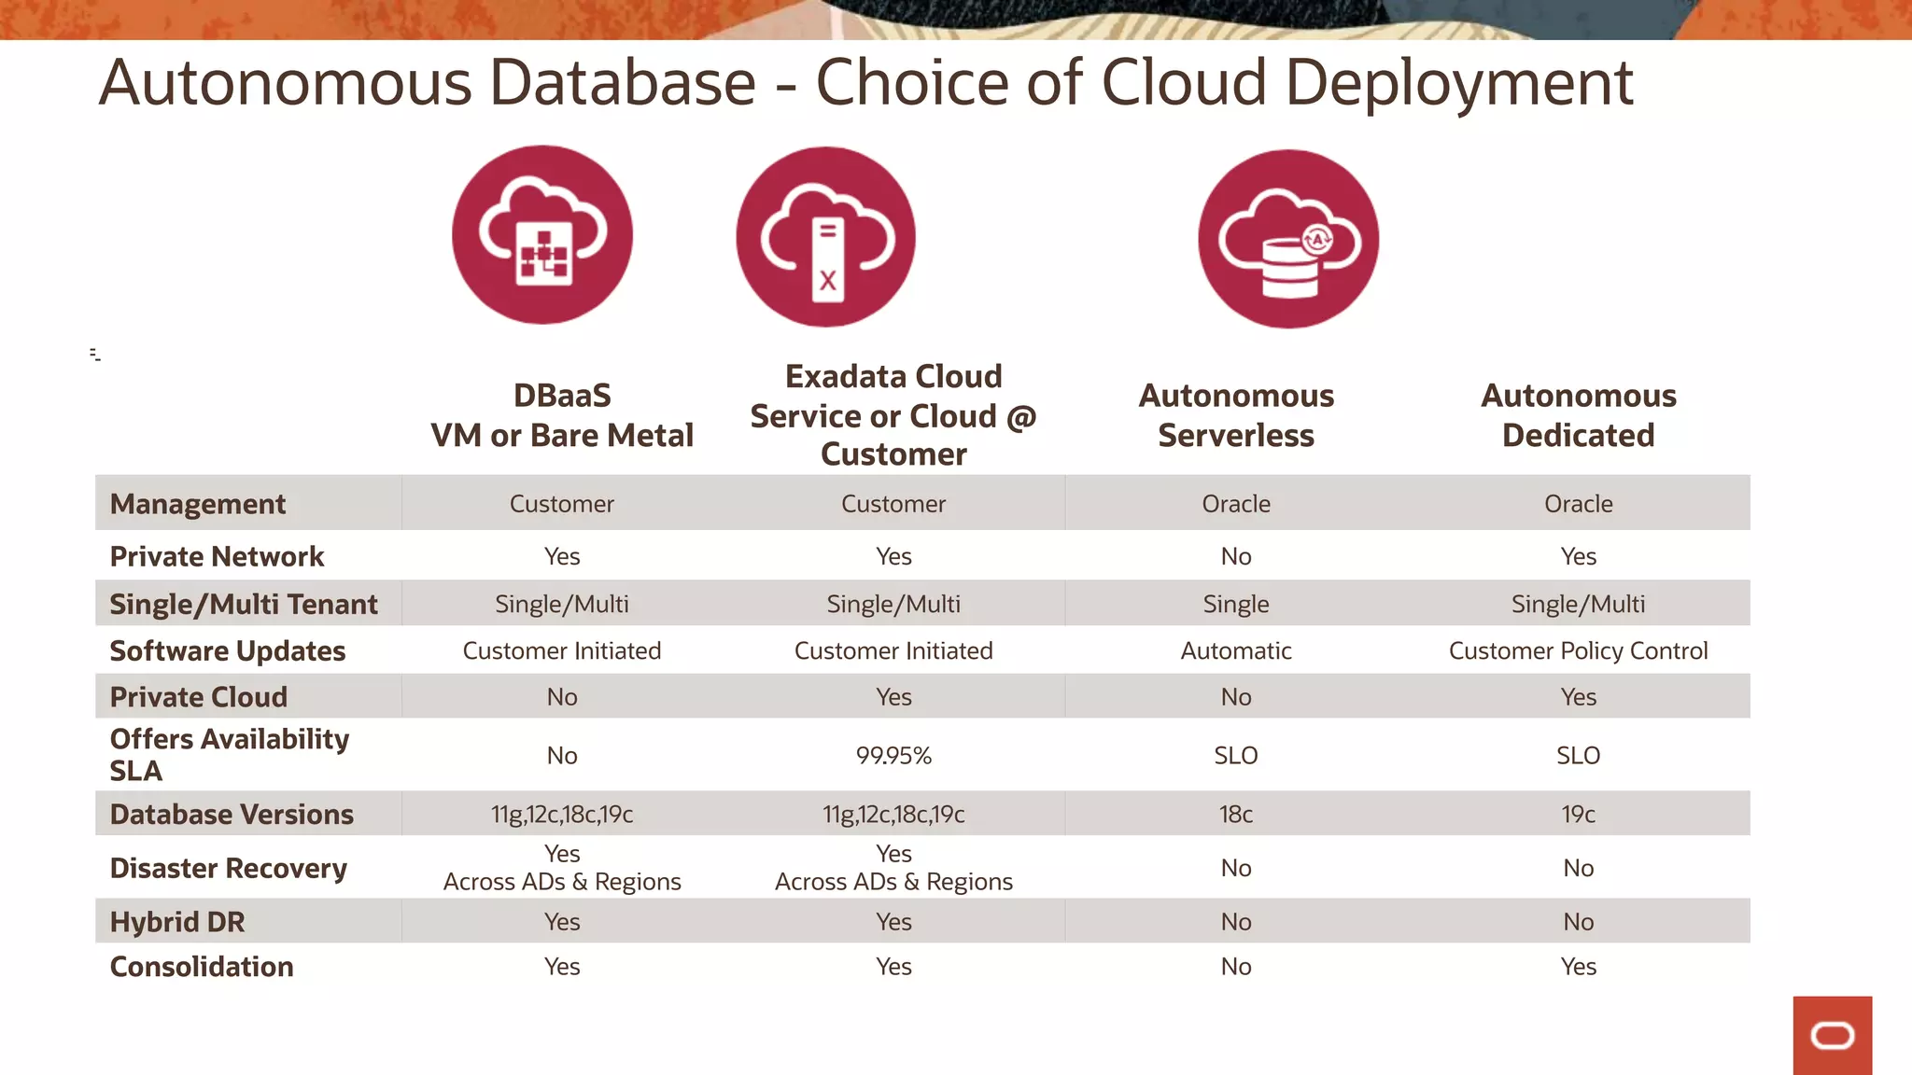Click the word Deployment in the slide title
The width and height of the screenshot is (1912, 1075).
point(1458,84)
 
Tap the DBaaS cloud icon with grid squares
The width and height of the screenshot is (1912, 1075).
point(542,235)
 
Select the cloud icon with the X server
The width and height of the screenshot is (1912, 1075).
point(826,237)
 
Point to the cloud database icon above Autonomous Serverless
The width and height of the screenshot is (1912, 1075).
point(1288,240)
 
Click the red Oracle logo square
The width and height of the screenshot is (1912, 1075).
point(1832,1035)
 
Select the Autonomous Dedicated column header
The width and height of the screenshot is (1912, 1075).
point(1578,415)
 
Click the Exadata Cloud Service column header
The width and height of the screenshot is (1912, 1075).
point(893,415)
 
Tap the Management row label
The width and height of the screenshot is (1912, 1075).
point(198,504)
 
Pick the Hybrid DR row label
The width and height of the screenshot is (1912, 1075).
point(177,922)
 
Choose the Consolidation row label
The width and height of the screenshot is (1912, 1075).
point(202,967)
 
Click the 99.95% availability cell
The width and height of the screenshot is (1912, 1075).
point(893,756)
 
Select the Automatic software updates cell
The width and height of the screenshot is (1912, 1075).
point(1236,651)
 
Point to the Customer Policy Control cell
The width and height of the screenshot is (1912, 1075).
point(1578,651)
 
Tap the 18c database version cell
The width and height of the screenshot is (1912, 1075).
point(1236,815)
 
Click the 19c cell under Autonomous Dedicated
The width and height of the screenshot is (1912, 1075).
point(1578,815)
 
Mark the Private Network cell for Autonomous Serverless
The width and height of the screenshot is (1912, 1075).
point(1236,557)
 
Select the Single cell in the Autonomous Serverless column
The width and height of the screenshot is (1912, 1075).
point(1236,605)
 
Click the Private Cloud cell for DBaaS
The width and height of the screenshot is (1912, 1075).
point(562,697)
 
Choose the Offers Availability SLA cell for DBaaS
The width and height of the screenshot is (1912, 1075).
point(562,756)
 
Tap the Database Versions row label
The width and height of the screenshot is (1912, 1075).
point(232,815)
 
